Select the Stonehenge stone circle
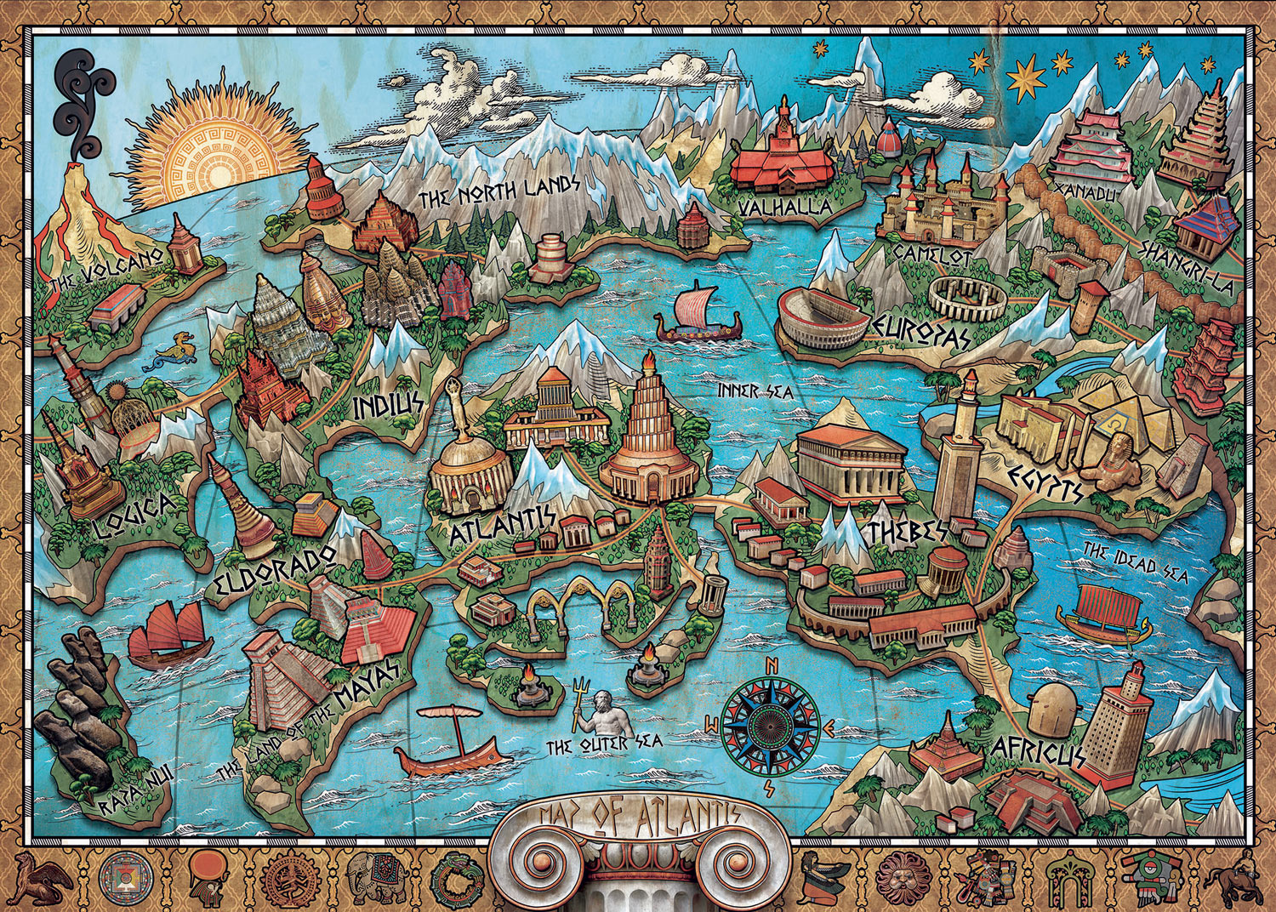[x=966, y=298]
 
